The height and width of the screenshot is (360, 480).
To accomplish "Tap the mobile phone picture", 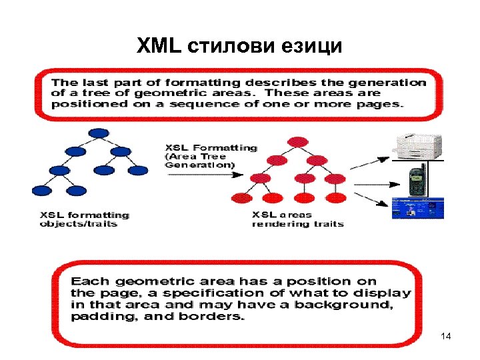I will (x=418, y=179).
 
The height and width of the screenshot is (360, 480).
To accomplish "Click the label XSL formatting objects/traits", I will (x=84, y=219).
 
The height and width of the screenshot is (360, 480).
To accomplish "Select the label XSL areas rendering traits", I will (x=297, y=219).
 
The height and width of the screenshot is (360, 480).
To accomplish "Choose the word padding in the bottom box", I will (x=97, y=316).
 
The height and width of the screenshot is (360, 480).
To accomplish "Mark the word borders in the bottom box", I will (x=216, y=316).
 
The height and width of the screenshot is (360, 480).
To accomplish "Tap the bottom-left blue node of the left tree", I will (x=41, y=190).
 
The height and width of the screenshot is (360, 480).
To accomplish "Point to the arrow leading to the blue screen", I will (x=371, y=198).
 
